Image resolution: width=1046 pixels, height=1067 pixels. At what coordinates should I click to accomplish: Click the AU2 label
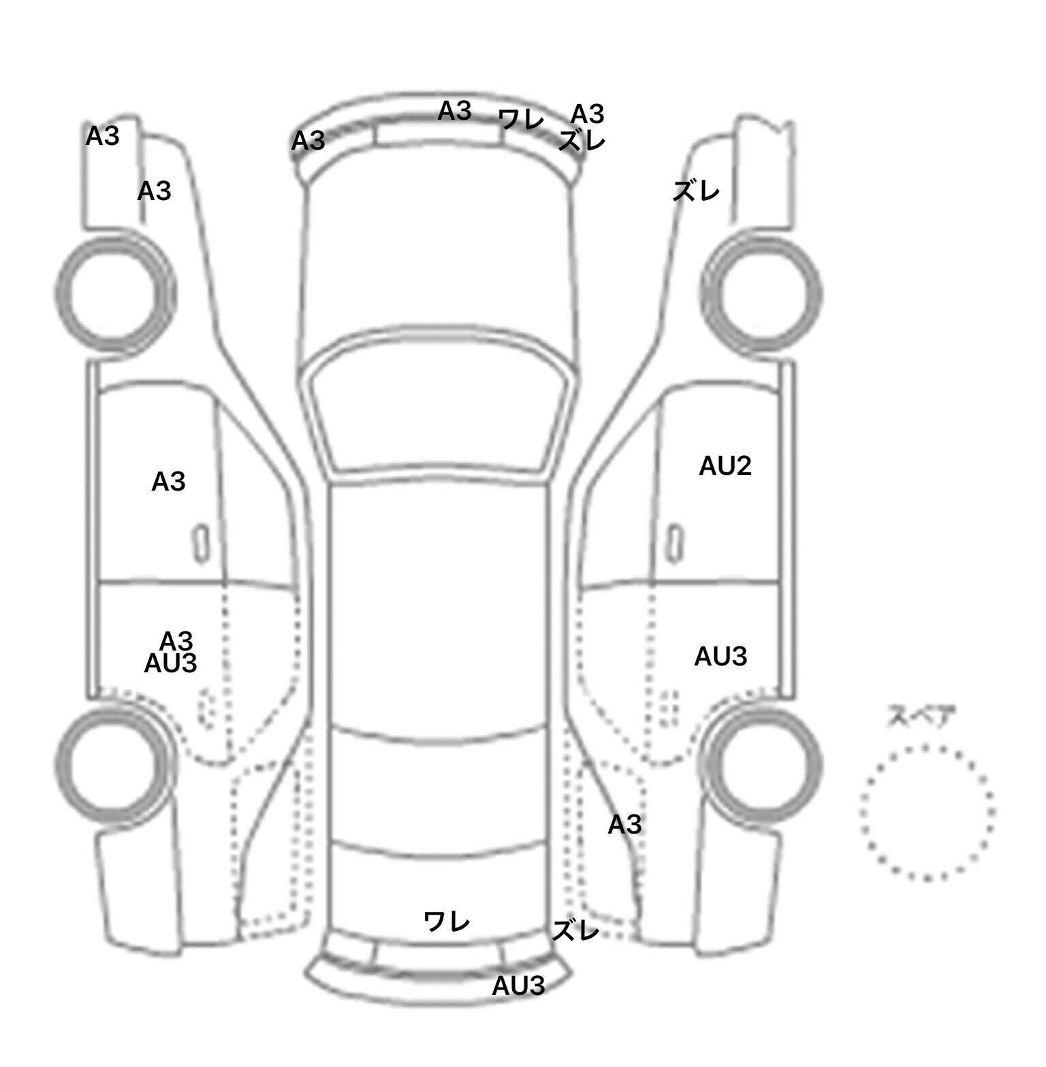pyautogui.click(x=725, y=466)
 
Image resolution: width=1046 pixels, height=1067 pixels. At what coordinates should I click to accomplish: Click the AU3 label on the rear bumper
pyautogui.click(x=518, y=985)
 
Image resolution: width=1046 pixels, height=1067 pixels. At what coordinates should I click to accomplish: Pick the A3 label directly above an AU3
pyautogui.click(x=176, y=640)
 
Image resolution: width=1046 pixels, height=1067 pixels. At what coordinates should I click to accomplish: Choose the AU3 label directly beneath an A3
pyautogui.click(x=170, y=663)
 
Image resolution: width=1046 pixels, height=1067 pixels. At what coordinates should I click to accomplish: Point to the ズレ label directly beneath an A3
pyautogui.click(x=582, y=141)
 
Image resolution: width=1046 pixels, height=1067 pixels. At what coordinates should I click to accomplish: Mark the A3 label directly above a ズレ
pyautogui.click(x=587, y=114)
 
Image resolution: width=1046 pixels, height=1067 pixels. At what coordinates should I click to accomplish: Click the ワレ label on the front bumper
pyautogui.click(x=522, y=120)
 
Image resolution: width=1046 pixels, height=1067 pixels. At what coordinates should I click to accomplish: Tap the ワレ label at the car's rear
pyautogui.click(x=447, y=922)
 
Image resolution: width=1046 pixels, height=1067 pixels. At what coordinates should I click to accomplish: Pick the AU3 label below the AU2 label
pyautogui.click(x=720, y=657)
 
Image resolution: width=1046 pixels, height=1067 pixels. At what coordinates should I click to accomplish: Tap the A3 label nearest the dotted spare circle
pyautogui.click(x=624, y=825)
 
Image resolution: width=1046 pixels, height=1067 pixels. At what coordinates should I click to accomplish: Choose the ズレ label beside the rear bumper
pyautogui.click(x=575, y=930)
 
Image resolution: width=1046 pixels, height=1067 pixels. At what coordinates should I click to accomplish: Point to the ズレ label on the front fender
pyautogui.click(x=696, y=192)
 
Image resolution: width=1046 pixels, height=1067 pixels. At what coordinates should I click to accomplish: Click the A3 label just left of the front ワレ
pyautogui.click(x=454, y=111)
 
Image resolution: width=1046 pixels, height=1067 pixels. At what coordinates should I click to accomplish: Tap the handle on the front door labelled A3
pyautogui.click(x=200, y=544)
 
